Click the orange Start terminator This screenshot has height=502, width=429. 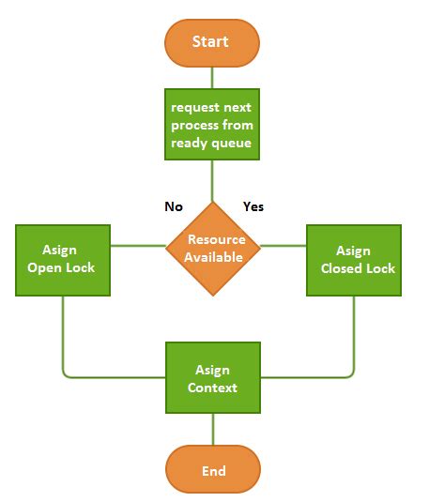(x=211, y=43)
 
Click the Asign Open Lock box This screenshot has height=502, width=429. (x=62, y=259)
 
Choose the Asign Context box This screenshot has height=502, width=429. (x=212, y=378)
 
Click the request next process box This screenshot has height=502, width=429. (x=211, y=124)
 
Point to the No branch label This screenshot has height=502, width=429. (x=174, y=206)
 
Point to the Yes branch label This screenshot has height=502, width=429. (x=253, y=206)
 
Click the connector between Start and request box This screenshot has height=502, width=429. (x=212, y=77)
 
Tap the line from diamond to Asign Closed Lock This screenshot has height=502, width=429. (x=285, y=246)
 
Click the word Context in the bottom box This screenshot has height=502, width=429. (x=212, y=387)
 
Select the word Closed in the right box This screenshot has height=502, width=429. (x=342, y=268)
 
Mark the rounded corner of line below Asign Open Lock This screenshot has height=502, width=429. (x=66, y=374)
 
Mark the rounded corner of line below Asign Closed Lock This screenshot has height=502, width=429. (x=351, y=374)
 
